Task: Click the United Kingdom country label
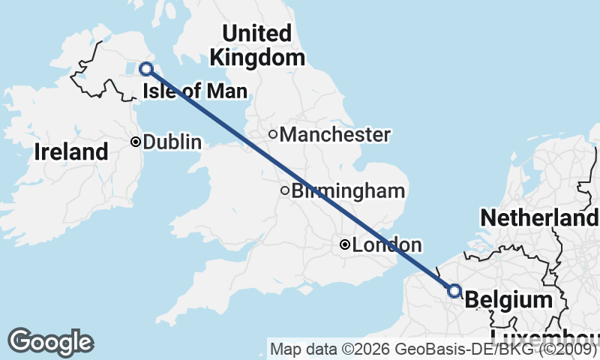point(257,45)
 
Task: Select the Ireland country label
point(71,152)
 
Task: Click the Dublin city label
point(172,141)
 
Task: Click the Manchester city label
point(335,135)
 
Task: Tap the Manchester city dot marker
point(274,135)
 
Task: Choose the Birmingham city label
point(348,190)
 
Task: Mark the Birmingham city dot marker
point(285,190)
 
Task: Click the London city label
point(386,244)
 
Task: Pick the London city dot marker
point(344,244)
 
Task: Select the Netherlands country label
point(540,218)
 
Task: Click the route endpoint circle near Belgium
point(454,290)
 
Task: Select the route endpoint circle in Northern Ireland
point(146,69)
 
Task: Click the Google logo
point(51,342)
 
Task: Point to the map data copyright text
point(433,349)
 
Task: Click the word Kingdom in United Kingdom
point(257,57)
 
